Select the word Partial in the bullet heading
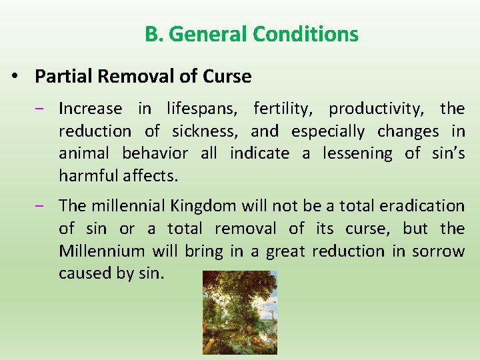click(x=63, y=77)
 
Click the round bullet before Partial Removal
click(x=15, y=77)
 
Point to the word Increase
click(x=90, y=109)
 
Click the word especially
click(x=328, y=131)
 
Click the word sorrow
click(x=438, y=251)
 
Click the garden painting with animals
click(x=239, y=312)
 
